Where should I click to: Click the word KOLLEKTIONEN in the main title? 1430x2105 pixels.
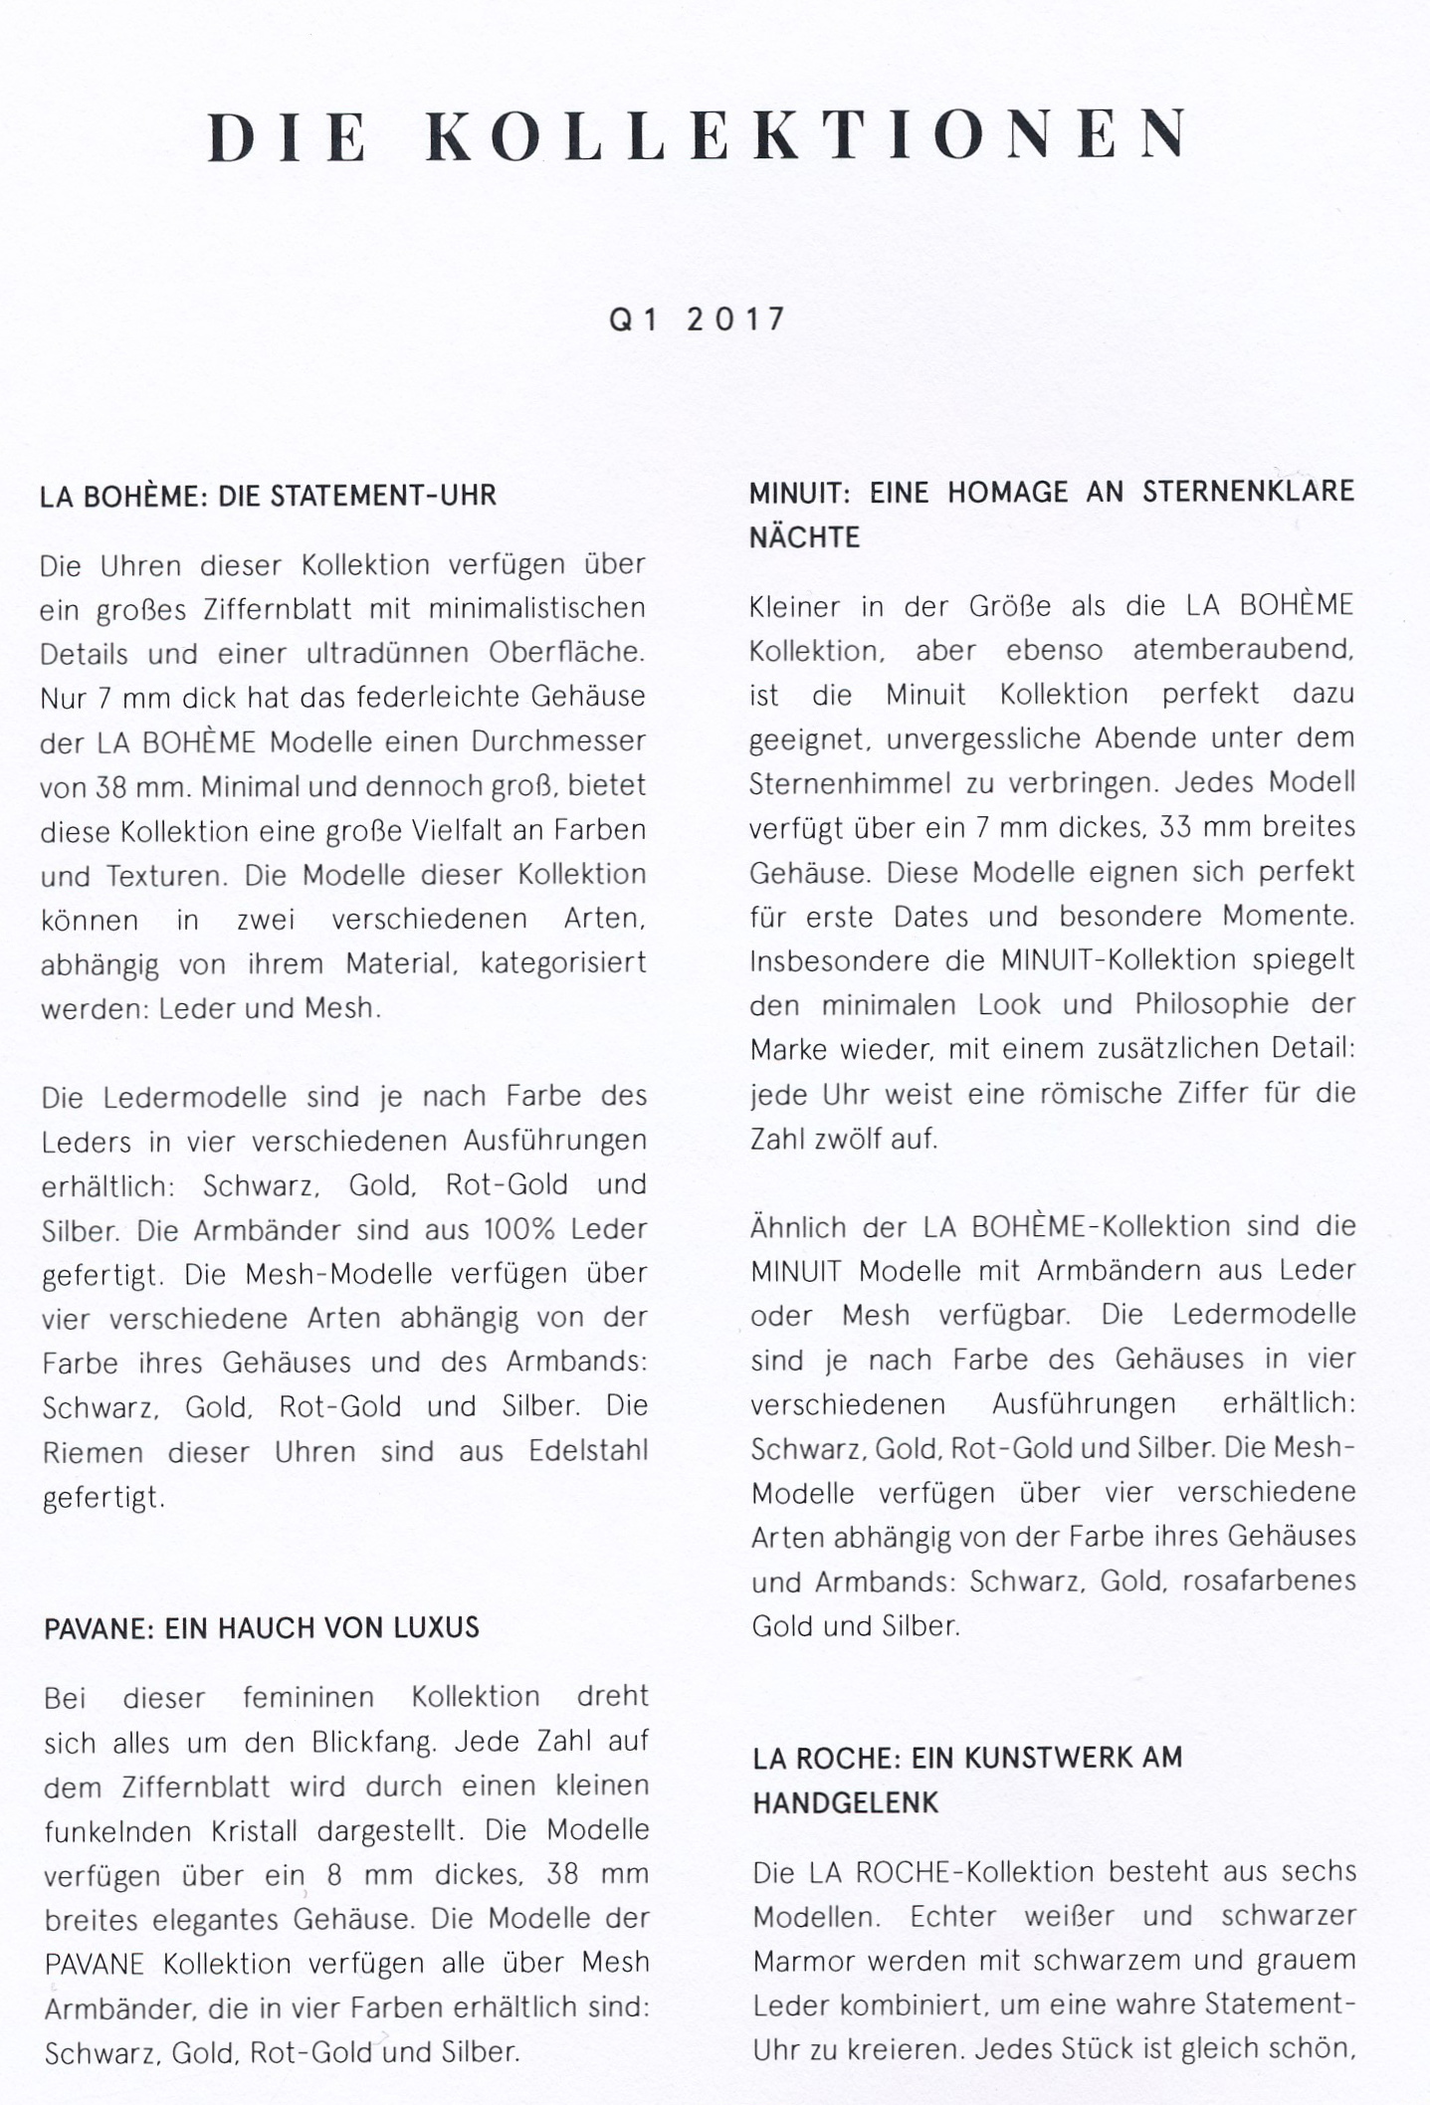click(807, 135)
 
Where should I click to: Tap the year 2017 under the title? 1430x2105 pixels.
click(736, 319)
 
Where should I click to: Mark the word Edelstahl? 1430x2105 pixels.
click(588, 1451)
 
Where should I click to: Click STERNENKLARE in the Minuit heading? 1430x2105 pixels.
click(1248, 491)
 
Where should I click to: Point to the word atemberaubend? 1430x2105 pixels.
click(1243, 650)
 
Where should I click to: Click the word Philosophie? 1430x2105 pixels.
click(1211, 1004)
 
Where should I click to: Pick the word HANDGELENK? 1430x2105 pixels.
click(845, 1802)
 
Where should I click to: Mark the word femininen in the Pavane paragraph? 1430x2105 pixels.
click(308, 1697)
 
